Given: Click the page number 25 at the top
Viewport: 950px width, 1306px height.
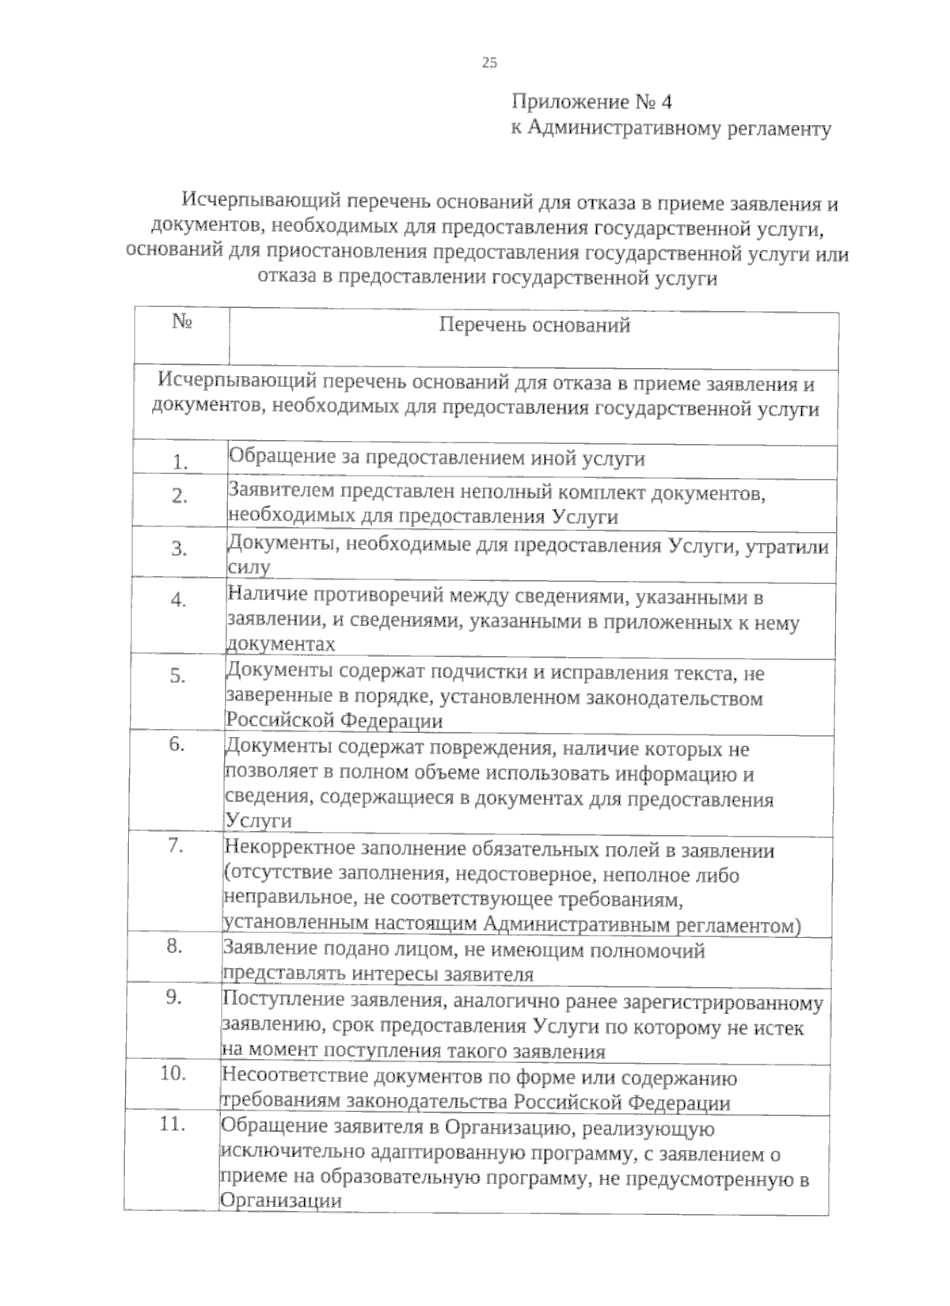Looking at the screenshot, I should [488, 63].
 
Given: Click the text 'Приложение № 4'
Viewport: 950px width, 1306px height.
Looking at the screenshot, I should [591, 103].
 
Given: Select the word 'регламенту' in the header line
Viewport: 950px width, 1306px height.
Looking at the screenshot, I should [779, 129].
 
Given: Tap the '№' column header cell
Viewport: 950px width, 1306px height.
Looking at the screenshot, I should [183, 322].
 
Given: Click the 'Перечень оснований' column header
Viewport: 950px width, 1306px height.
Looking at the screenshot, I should [534, 325].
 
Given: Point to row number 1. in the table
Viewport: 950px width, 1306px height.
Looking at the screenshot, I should [180, 462].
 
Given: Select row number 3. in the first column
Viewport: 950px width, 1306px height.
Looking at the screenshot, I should [179, 549].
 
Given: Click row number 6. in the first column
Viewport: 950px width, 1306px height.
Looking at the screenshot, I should [177, 745].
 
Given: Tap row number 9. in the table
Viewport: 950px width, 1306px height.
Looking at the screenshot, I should [174, 997].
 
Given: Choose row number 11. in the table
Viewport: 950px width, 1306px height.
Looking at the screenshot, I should [172, 1124].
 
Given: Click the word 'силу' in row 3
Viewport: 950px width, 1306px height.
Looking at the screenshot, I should [249, 568].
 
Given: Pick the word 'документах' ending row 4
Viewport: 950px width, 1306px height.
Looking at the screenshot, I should [280, 644].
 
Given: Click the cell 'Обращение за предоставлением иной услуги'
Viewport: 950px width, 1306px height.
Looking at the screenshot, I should [436, 458].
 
